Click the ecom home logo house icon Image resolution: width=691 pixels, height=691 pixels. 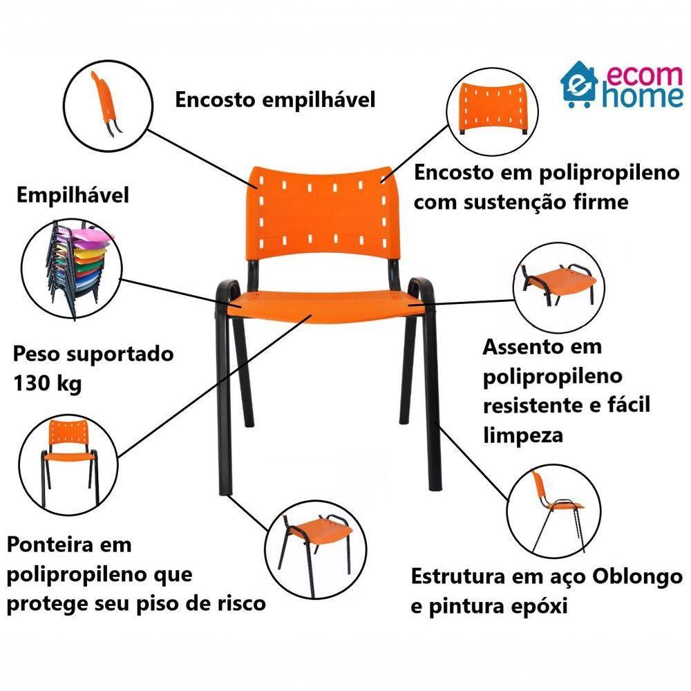click(x=579, y=85)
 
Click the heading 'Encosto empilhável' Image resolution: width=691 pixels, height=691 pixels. click(x=275, y=100)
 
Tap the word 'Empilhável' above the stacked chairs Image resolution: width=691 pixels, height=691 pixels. click(x=73, y=195)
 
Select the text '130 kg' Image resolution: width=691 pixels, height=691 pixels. click(x=47, y=384)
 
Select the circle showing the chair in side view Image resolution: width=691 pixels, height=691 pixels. click(x=553, y=512)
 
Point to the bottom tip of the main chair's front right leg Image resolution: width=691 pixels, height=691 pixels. click(x=434, y=487)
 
